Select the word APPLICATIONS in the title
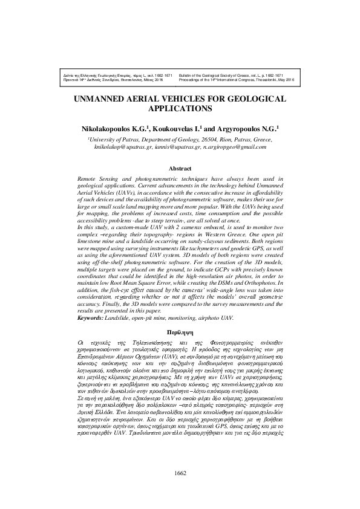coord(180,110)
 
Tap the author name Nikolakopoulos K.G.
coord(115,128)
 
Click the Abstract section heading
coord(180,169)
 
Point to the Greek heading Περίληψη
coord(180,332)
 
